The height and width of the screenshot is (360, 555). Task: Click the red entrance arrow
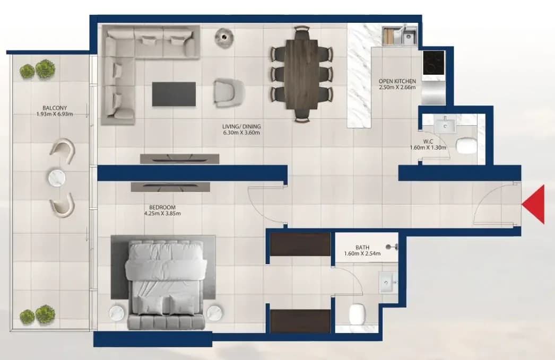coord(533,205)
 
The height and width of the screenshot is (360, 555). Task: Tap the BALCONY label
coord(55,108)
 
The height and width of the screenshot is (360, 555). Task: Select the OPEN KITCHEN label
coord(397,81)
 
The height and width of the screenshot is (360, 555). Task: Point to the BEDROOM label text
coord(162,207)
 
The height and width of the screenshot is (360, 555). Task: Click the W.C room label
coord(428,142)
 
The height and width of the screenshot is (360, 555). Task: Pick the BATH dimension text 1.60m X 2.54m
coord(362,253)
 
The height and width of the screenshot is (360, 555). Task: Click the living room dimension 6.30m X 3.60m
coord(241,133)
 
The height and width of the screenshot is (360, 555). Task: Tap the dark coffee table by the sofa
coord(174,94)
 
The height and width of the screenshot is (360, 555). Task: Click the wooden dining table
coord(301,75)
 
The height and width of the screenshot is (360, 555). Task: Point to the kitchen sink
coord(409,36)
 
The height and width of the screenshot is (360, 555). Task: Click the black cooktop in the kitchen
coord(433,63)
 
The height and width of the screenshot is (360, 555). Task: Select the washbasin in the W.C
coord(445,125)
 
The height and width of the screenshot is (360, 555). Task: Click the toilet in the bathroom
coord(357,314)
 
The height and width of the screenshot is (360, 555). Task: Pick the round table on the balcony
coord(57,178)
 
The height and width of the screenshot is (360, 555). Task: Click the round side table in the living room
coord(224,37)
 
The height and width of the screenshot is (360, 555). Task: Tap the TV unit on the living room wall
coord(179,159)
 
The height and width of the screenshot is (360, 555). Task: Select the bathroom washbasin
coord(388,283)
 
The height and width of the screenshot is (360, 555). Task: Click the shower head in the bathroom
coord(392,247)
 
